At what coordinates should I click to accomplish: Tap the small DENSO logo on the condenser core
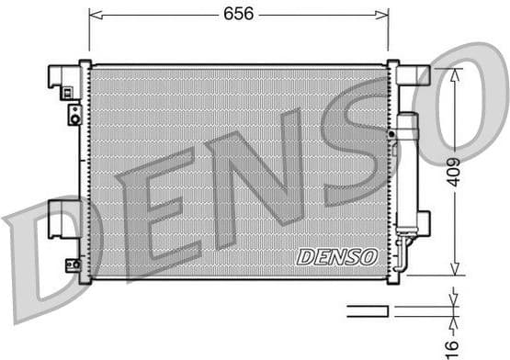point(337,256)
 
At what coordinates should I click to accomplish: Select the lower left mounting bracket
point(62,217)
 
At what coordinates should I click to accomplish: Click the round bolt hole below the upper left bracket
point(74,116)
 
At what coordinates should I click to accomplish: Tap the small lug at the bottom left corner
point(72,264)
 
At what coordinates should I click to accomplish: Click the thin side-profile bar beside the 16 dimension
point(368,310)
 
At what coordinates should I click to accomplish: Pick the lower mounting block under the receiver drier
point(410,222)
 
